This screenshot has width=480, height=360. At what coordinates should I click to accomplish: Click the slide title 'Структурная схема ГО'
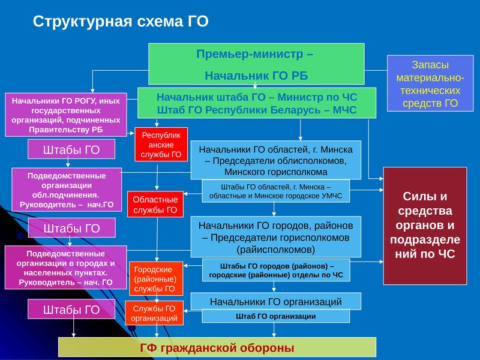click(121, 22)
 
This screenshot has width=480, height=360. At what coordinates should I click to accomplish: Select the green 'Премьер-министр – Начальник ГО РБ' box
click(256, 64)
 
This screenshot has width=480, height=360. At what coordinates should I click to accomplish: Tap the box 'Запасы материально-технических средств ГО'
click(430, 83)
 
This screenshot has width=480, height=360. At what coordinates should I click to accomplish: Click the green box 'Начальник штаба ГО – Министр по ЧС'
click(257, 103)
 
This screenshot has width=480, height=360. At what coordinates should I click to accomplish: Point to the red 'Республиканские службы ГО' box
click(161, 145)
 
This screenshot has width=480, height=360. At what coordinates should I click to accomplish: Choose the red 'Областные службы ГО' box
click(155, 204)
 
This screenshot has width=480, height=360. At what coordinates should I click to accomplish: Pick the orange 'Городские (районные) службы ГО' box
click(156, 278)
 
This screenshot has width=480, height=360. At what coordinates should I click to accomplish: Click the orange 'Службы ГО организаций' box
click(154, 313)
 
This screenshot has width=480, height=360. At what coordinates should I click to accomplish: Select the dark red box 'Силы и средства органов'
click(425, 226)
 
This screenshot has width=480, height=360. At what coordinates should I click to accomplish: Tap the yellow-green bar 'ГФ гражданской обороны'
click(217, 347)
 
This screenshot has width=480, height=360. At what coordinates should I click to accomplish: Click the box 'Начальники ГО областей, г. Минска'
click(276, 160)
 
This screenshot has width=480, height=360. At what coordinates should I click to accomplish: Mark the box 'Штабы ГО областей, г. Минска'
click(275, 191)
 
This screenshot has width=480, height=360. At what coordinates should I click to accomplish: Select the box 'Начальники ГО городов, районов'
click(276, 237)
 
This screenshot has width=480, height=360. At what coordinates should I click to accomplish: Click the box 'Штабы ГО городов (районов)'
click(276, 271)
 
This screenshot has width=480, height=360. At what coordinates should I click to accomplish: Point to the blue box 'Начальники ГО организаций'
click(276, 302)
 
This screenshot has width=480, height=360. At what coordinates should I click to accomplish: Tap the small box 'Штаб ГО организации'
click(276, 316)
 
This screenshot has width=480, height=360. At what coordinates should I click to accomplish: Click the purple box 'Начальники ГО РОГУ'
click(66, 115)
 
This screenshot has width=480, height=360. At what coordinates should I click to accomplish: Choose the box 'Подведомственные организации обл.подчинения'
click(67, 190)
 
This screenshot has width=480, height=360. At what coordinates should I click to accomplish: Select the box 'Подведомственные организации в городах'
click(66, 268)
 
